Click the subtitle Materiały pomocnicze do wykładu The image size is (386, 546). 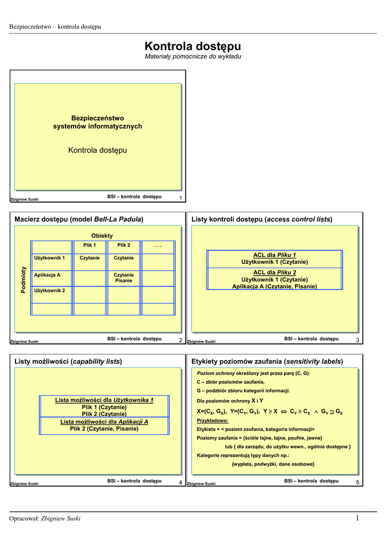[x=193, y=57]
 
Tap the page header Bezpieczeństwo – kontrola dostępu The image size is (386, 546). [x=55, y=27]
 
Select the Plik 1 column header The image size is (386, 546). [x=90, y=245]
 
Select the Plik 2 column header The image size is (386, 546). [x=124, y=245]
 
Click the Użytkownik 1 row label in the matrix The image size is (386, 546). [x=50, y=258]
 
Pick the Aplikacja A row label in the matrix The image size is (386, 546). [x=47, y=275]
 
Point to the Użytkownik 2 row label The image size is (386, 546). [x=50, y=291]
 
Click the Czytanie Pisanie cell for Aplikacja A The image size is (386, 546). [x=124, y=277]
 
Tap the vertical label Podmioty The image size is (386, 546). [x=23, y=279]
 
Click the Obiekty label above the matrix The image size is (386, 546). [x=102, y=236]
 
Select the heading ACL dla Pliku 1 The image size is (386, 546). [x=275, y=255]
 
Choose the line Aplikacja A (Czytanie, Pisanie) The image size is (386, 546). [x=275, y=286]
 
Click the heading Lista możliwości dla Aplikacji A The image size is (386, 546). [x=104, y=422]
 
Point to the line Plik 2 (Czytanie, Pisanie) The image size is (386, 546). [x=104, y=428]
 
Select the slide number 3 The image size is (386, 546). [x=357, y=340]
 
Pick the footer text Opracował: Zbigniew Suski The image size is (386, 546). [x=45, y=519]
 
